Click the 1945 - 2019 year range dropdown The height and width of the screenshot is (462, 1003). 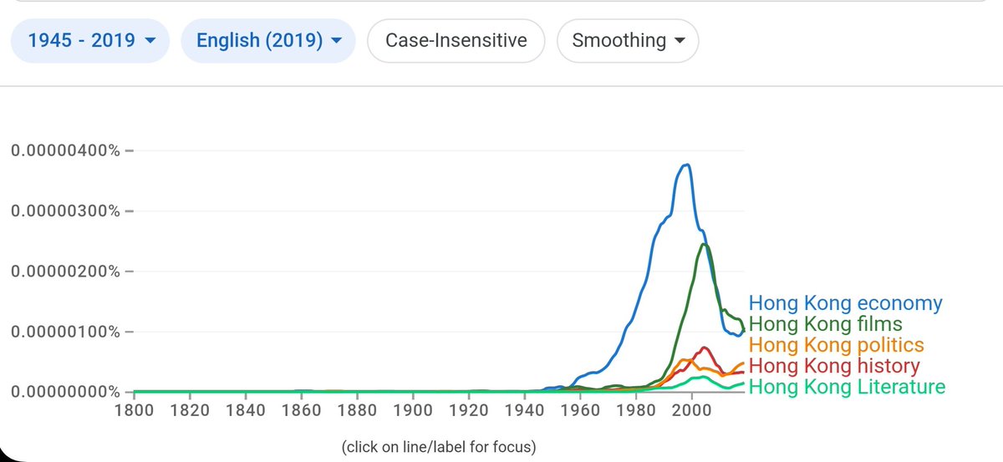tap(90, 40)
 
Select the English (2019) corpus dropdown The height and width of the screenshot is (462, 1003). tap(267, 40)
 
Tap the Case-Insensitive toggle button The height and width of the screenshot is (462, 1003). tap(456, 40)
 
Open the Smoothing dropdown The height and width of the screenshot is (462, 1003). tap(627, 40)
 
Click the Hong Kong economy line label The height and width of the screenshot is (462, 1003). tap(845, 303)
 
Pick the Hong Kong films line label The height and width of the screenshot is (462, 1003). tap(825, 324)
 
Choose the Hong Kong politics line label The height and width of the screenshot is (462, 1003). tap(836, 345)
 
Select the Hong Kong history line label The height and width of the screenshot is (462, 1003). tap(833, 366)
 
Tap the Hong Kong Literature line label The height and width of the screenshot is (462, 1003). tap(847, 387)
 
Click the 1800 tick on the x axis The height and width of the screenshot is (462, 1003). tap(134, 410)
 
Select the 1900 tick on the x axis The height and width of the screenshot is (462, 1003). tap(412, 410)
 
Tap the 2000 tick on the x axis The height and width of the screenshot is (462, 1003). tap(691, 410)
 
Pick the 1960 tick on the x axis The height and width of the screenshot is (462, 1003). tap(580, 410)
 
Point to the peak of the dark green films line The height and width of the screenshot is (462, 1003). tap(705, 244)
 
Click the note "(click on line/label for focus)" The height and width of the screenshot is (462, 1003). tap(439, 447)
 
